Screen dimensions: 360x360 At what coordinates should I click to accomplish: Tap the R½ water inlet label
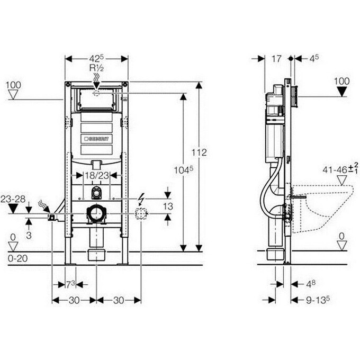pyautogui.click(x=96, y=68)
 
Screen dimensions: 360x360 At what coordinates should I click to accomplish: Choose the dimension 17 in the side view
pyautogui.click(x=276, y=59)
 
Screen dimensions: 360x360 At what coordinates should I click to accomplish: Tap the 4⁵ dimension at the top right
pyautogui.click(x=314, y=59)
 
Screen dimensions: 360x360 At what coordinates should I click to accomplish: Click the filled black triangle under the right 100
pyautogui.click(x=343, y=91)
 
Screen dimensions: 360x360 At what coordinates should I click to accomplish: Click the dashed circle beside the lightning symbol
pyautogui.click(x=140, y=214)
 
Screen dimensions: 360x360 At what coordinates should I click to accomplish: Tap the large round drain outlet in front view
pyautogui.click(x=96, y=214)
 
